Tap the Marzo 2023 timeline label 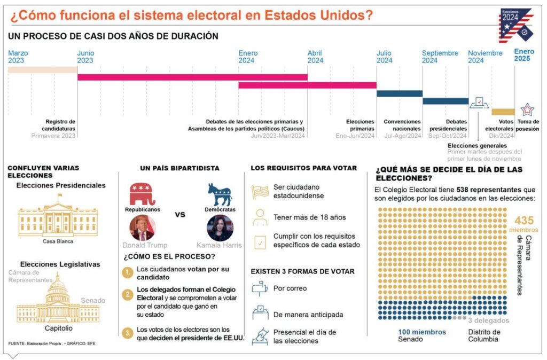point(18,57)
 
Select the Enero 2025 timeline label point(523,55)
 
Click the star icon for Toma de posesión point(527,109)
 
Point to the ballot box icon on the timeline point(477,103)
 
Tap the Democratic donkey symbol point(220,194)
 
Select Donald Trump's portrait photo point(142,228)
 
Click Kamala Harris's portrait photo point(220,228)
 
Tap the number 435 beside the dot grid point(524,221)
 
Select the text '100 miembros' point(421,332)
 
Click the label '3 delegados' point(488,320)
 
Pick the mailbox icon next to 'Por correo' point(260,288)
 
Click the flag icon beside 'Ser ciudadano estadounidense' point(260,191)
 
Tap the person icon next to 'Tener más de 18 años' point(260,217)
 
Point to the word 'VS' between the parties point(181,214)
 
